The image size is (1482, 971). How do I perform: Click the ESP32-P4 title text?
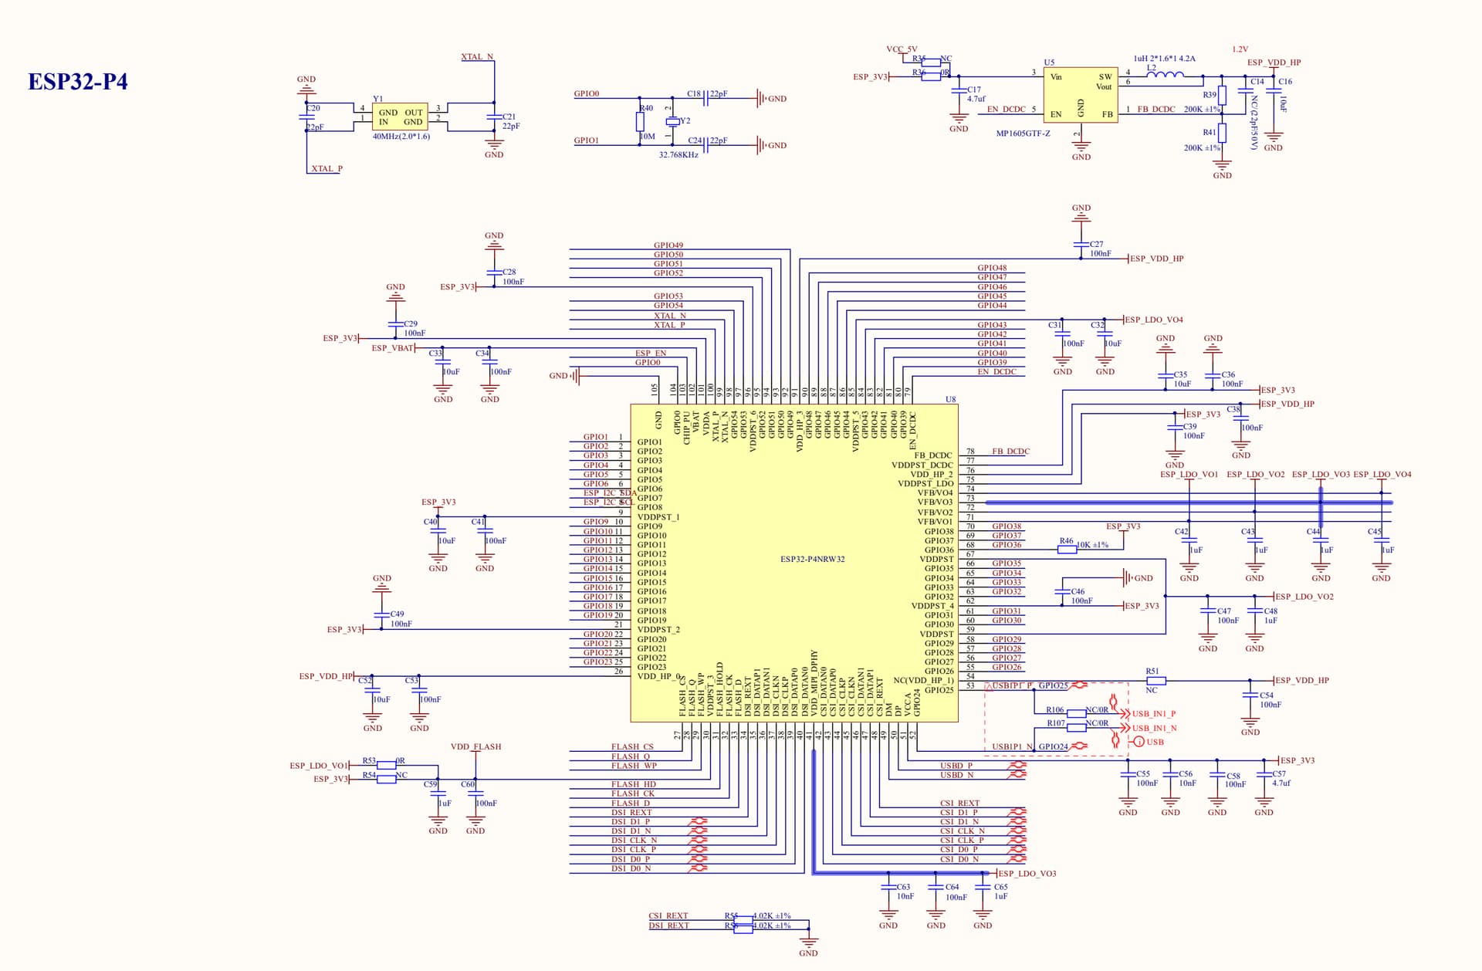point(78,82)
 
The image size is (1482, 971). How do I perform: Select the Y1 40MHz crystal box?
point(400,117)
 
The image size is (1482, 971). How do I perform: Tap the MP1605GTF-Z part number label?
point(1023,134)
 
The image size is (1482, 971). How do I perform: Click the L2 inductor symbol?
point(1170,76)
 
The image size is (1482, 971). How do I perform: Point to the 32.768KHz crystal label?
point(678,155)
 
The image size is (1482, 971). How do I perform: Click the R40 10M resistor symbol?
point(641,122)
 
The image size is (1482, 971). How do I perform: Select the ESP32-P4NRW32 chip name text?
point(812,560)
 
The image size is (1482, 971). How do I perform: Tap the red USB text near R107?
point(1155,743)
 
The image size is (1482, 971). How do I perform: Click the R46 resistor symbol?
point(1067,549)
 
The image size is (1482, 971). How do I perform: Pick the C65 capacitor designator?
point(1001,888)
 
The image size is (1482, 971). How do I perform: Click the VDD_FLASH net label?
point(475,747)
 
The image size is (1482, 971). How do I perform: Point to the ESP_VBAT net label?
point(392,348)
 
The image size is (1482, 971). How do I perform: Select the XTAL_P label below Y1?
point(327,169)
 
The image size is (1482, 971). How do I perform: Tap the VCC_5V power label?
point(902,49)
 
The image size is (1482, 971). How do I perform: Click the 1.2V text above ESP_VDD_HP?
point(1240,49)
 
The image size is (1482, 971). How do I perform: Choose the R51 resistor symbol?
point(1155,681)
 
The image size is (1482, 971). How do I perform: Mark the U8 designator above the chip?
point(951,400)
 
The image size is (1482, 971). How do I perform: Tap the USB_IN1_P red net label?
point(1153,714)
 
